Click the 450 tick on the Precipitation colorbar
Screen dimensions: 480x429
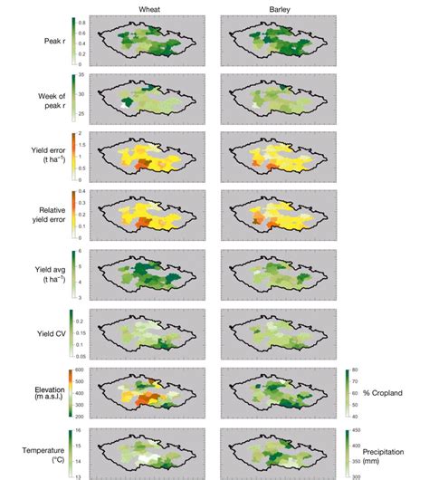(356, 427)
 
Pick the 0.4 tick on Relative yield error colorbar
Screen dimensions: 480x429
(81, 191)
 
